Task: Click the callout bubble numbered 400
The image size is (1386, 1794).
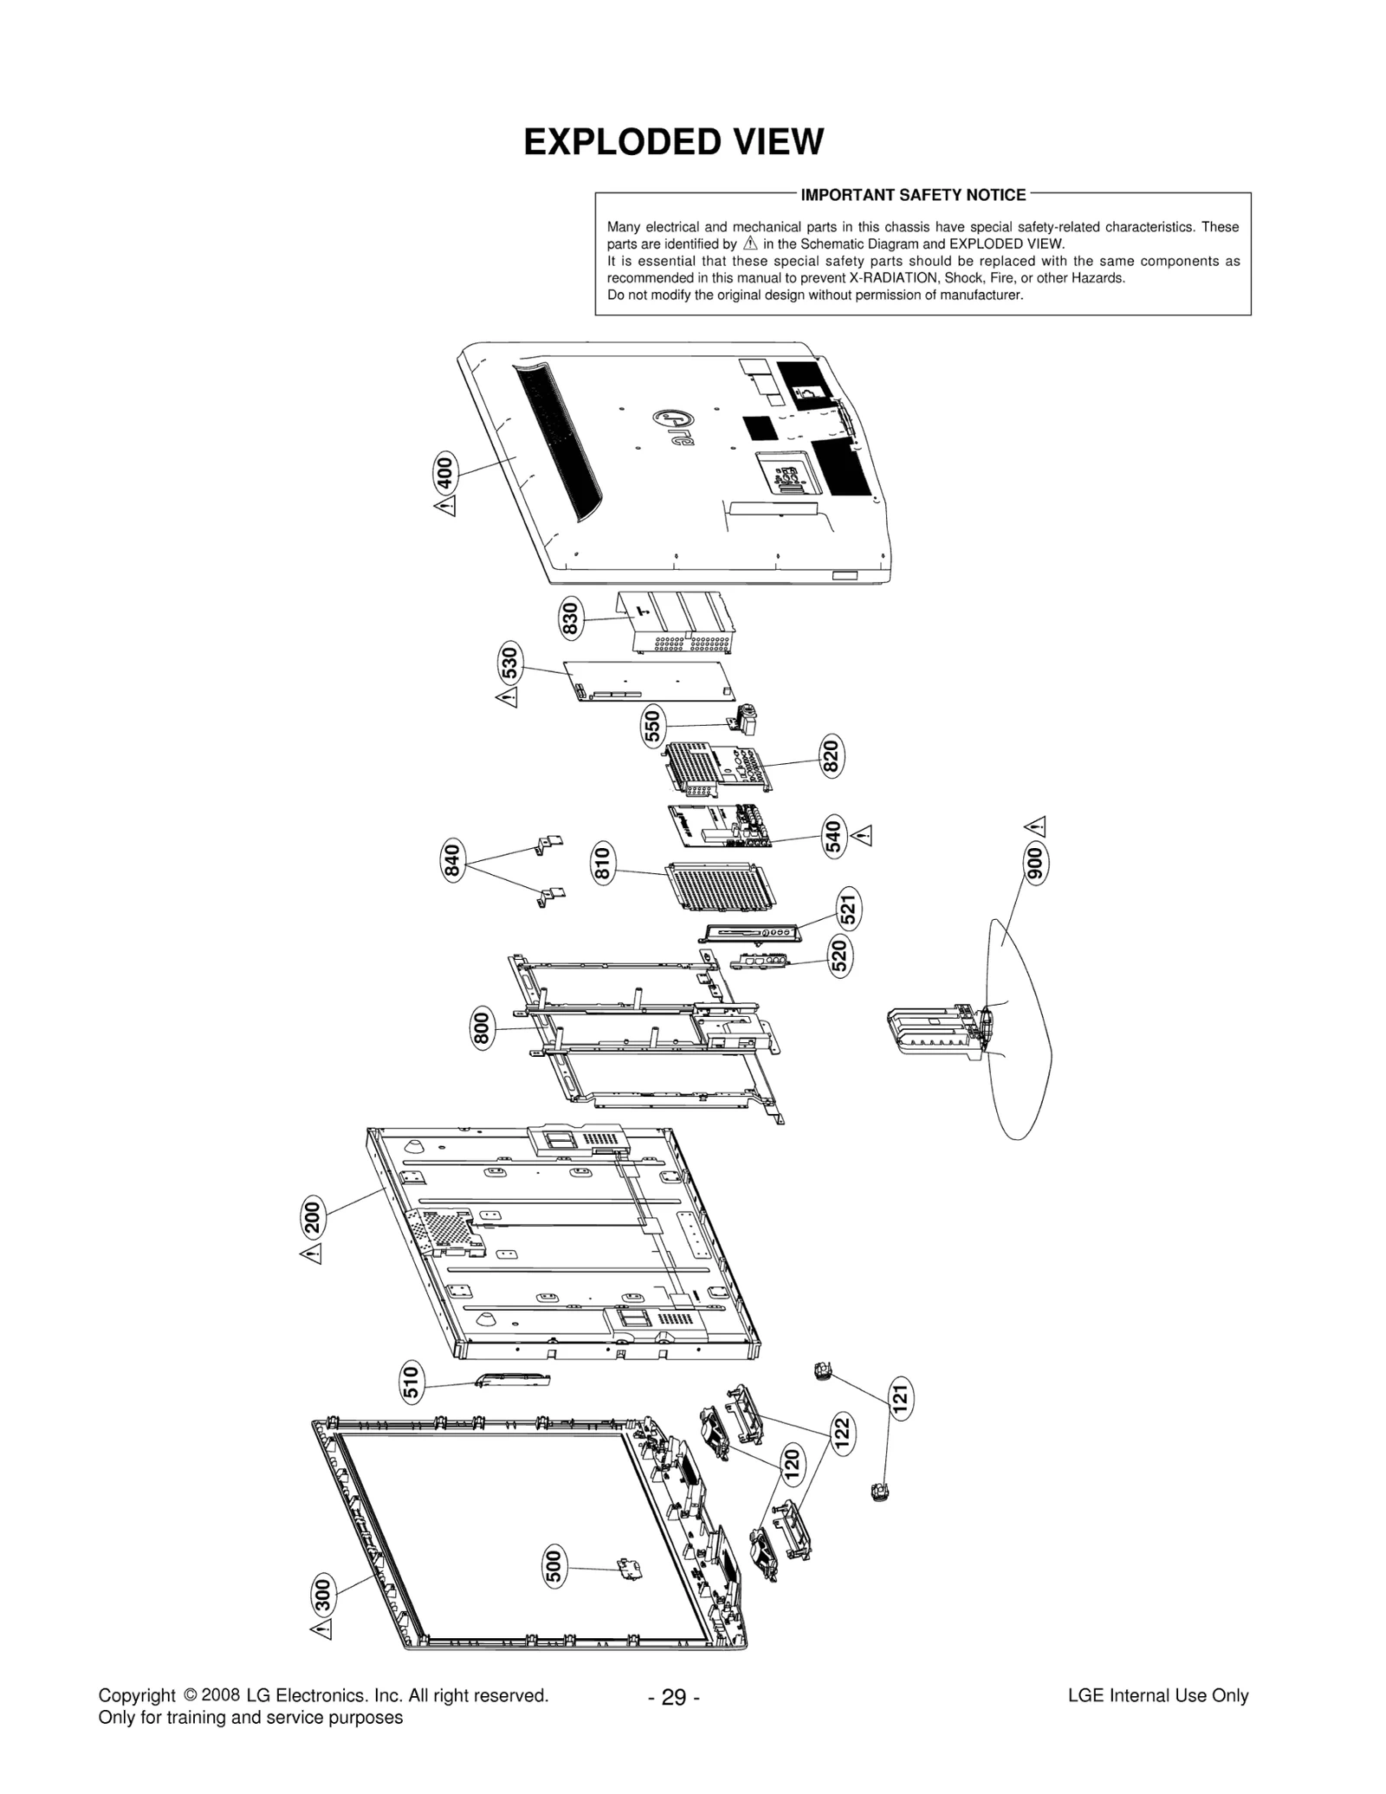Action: click(x=444, y=473)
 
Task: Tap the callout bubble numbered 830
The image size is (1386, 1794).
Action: click(x=570, y=619)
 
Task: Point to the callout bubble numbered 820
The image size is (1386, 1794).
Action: click(x=832, y=756)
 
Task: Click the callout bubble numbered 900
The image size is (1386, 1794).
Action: click(x=1035, y=863)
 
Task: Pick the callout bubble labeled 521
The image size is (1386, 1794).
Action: click(x=849, y=908)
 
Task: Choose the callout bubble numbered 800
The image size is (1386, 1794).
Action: click(x=483, y=1028)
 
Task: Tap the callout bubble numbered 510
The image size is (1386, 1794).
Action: click(x=412, y=1381)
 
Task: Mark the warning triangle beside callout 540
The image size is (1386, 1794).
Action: click(x=861, y=836)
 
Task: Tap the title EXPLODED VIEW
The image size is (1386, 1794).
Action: click(x=673, y=142)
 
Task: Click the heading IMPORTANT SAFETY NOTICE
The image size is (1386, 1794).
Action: click(x=913, y=195)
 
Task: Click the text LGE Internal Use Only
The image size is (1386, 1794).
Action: click(x=1157, y=1695)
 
